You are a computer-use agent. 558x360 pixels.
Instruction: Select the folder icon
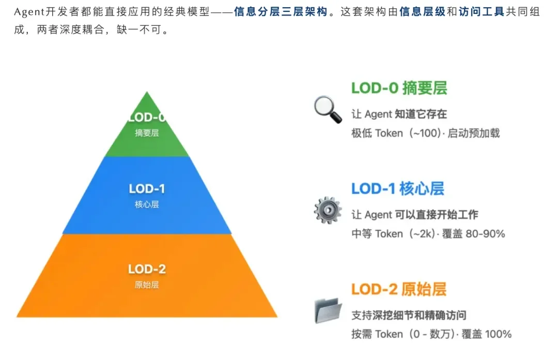328,310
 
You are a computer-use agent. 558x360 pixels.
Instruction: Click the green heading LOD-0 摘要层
399,88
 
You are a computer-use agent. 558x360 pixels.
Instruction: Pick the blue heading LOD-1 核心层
397,189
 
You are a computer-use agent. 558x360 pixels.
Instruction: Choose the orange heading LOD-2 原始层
398,289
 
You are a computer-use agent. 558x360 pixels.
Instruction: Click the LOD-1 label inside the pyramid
147,189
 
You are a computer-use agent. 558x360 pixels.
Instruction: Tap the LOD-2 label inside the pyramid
147,269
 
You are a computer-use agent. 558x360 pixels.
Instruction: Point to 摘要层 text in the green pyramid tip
147,133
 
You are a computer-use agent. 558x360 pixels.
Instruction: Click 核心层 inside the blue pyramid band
147,204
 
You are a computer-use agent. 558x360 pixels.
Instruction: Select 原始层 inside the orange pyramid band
147,285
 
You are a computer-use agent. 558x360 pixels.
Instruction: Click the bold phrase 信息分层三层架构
281,12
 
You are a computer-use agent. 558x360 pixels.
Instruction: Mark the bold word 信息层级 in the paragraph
422,12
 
